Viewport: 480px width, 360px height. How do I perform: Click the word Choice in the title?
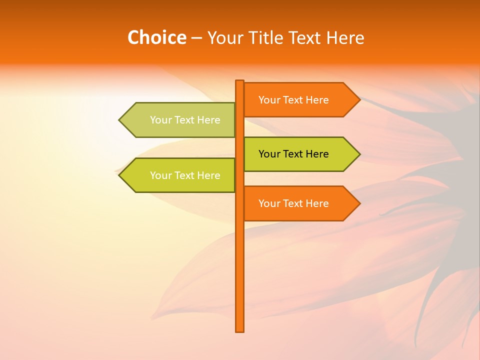[x=156, y=37]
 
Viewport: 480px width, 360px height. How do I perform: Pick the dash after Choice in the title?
[x=196, y=38]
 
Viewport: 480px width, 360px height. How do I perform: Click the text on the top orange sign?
[x=293, y=100]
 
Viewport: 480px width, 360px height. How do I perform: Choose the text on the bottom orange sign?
[x=293, y=203]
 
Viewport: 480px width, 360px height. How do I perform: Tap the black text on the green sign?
[x=293, y=154]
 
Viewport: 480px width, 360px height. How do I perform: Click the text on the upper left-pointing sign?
[x=185, y=120]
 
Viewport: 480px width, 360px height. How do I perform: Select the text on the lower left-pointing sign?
[x=185, y=175]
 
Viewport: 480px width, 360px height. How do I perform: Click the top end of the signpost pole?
[x=239, y=81]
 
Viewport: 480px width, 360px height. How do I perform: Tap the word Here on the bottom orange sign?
[x=316, y=203]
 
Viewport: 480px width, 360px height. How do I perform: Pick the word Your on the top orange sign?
[x=269, y=100]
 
